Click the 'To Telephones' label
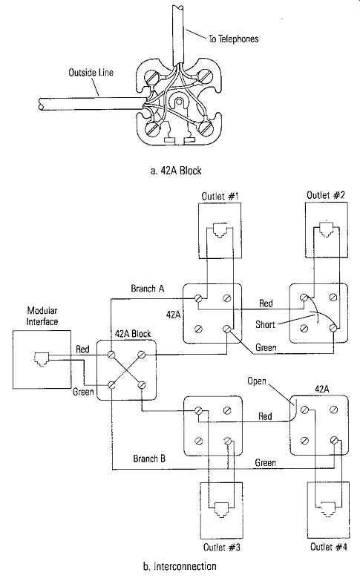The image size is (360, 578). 234,39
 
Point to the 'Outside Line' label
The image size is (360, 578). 91,72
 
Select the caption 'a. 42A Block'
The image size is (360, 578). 176,171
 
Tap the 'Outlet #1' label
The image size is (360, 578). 220,196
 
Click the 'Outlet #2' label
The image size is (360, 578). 326,195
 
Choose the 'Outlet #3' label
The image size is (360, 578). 222,548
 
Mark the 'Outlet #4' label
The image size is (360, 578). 329,547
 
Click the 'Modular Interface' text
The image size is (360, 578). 42,316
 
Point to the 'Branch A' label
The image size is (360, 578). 147,289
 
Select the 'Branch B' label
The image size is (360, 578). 149,459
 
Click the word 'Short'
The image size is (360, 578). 265,324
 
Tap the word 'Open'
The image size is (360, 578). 256,381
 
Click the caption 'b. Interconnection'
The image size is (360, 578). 180,566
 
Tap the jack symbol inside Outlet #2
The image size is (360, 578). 327,229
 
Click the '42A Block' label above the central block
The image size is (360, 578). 133,334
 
